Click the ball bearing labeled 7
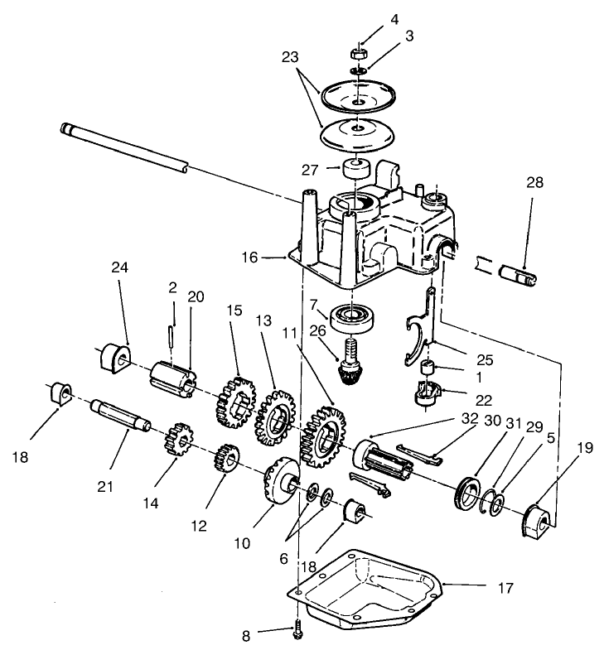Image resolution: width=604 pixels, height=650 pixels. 354,315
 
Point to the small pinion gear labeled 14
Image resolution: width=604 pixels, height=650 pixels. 178,438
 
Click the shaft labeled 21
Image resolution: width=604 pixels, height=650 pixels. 120,414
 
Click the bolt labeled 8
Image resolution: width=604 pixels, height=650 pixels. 298,631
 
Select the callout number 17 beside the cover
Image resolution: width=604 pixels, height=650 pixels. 506,589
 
